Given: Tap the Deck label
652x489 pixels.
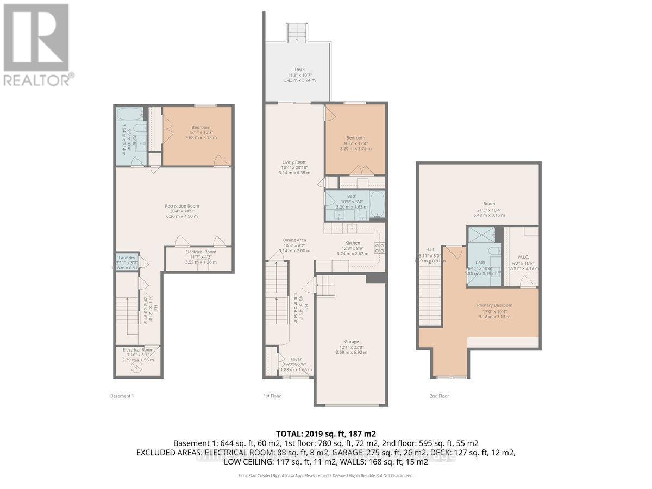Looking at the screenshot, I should pos(299,70).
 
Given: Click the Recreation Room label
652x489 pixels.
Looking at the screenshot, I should pos(182,206).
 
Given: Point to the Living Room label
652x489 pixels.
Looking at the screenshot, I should pos(294,162).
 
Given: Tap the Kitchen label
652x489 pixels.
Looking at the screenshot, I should pos(353,243).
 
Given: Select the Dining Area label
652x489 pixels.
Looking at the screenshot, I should pos(294,240).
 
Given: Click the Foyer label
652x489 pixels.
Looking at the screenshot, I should pos(296,359).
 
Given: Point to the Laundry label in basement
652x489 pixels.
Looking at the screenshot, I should pos(127,258).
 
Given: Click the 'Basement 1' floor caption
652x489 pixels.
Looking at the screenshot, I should pos(122,396).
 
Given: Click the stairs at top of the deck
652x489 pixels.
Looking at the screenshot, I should pos(297,33).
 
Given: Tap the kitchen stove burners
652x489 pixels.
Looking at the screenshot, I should pos(381,248).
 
